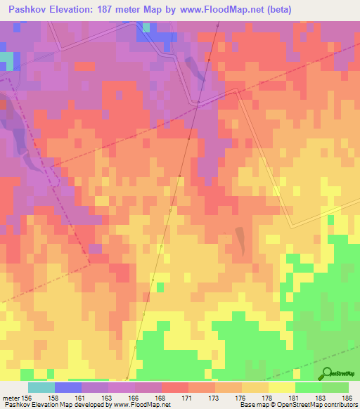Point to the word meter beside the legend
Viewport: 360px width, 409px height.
tap(10, 397)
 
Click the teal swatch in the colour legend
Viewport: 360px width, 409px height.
tap(41, 387)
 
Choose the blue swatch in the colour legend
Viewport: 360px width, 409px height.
tap(68, 387)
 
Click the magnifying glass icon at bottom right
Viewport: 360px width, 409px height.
tap(328, 373)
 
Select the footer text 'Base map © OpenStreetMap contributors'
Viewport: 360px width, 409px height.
tap(298, 405)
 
